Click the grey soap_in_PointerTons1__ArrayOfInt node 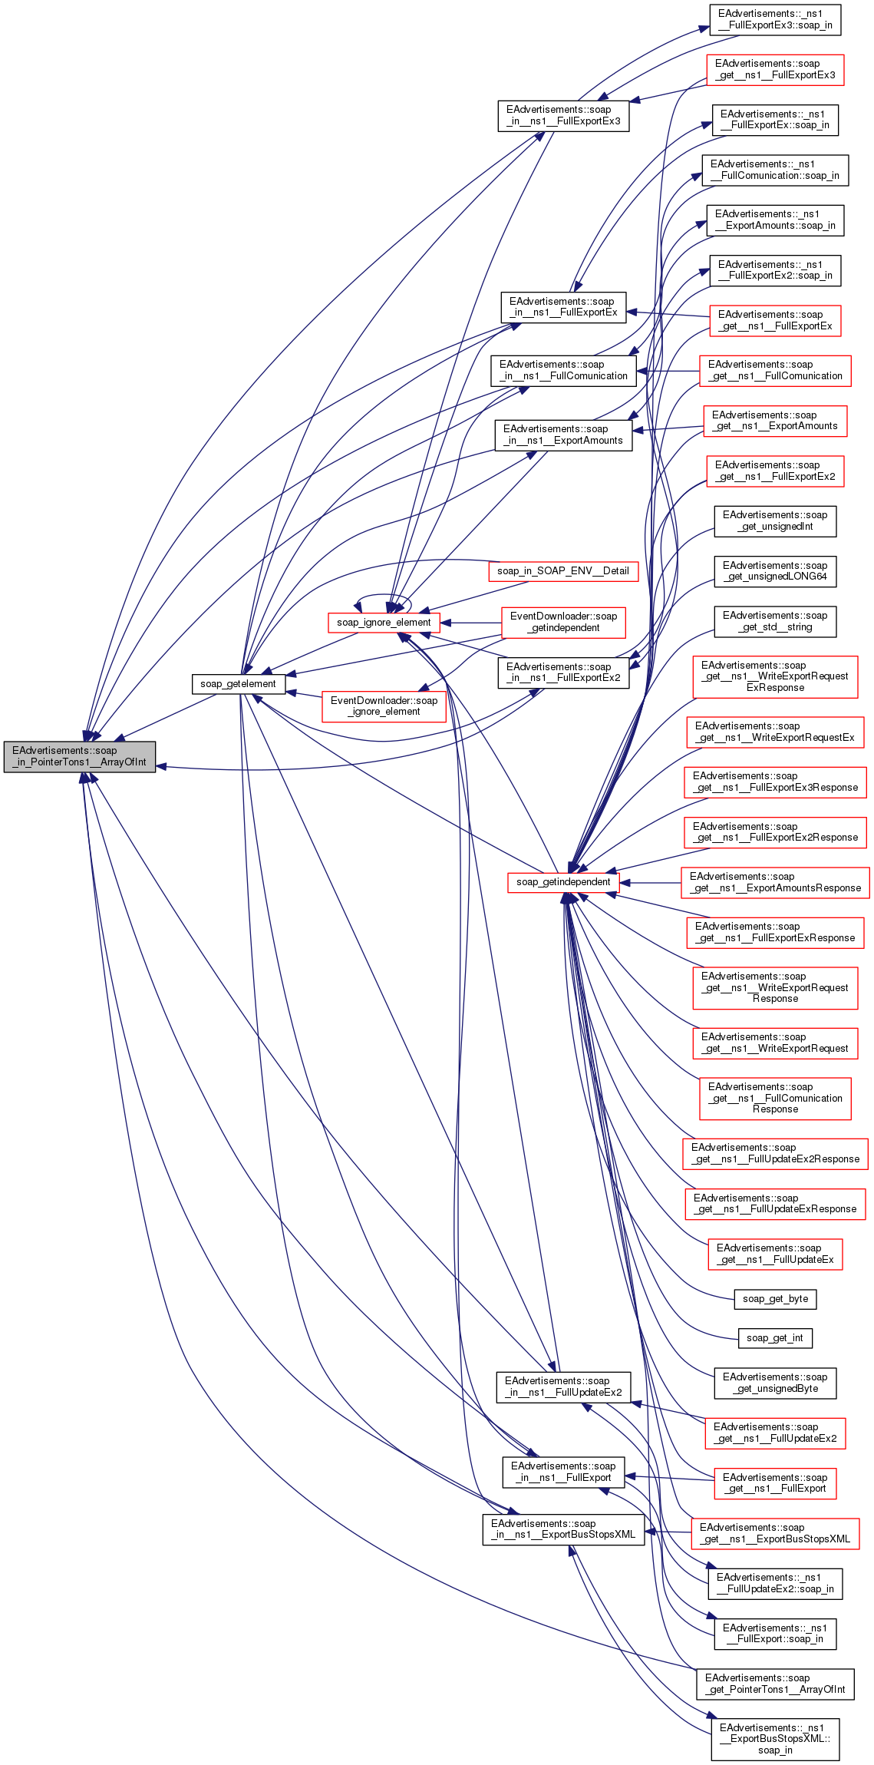coord(79,756)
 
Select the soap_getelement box coord(238,683)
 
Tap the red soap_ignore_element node coord(384,622)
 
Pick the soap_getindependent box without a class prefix coord(563,881)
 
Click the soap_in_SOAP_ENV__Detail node coord(562,570)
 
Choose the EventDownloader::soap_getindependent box coord(563,622)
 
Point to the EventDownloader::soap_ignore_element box coord(384,706)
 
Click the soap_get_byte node coord(775,1298)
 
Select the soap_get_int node coord(774,1337)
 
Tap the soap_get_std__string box coord(775,621)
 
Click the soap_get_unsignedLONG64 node coord(775,571)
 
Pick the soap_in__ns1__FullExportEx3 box coord(563,115)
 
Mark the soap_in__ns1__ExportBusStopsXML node coord(563,1529)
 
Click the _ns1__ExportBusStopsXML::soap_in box coord(775,1738)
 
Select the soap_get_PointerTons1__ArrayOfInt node coord(775,1684)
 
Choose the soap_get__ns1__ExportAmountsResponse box coord(775,882)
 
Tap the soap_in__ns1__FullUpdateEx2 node coord(563,1387)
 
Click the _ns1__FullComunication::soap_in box coord(775,170)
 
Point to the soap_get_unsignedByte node coord(775,1383)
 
